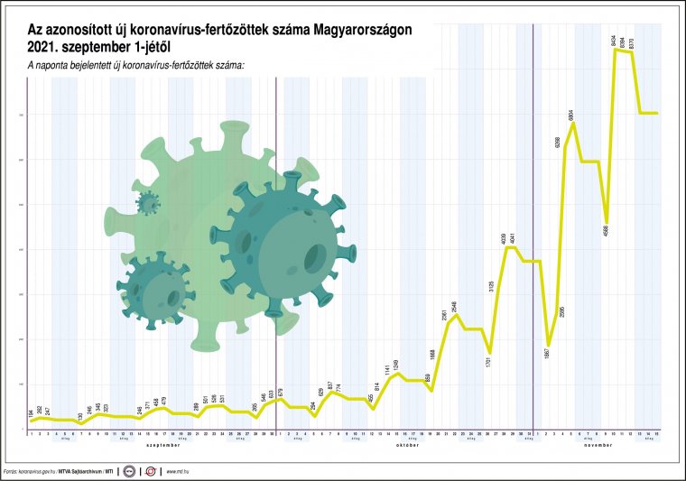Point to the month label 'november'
click(x=598, y=445)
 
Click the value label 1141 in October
click(x=388, y=370)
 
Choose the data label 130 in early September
click(x=81, y=416)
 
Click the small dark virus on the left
click(x=151, y=286)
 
